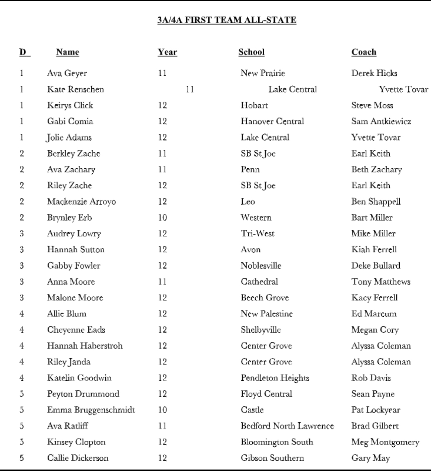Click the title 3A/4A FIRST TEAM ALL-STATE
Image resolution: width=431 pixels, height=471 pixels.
[x=227, y=20]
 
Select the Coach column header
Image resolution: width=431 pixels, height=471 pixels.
[x=364, y=52]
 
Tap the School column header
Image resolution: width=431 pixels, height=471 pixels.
[x=251, y=52]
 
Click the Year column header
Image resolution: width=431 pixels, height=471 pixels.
[x=167, y=52]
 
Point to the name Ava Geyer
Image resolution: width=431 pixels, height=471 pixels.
[x=67, y=73]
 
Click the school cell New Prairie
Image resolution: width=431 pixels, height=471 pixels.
[x=263, y=73]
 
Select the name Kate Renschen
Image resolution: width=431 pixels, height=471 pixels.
[x=76, y=89]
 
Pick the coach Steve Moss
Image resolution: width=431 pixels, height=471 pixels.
[x=372, y=105]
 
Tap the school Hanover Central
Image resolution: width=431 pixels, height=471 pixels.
[x=272, y=121]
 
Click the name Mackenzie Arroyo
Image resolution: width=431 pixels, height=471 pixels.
[x=81, y=201]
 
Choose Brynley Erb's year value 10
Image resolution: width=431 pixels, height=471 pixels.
[x=162, y=218]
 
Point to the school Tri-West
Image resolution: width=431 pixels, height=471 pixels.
[x=257, y=233]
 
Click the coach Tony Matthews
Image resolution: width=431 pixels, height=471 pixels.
[x=381, y=282]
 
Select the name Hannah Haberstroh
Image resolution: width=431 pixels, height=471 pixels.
[x=85, y=346]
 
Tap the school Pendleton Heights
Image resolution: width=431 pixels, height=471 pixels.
[x=275, y=378]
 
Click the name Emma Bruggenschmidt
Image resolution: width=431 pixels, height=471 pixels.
[x=91, y=410]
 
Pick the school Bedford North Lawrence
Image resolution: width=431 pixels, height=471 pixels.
[x=287, y=426]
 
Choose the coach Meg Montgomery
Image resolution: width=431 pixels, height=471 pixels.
[x=385, y=442]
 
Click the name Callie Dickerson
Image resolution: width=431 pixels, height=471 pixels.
[x=78, y=458]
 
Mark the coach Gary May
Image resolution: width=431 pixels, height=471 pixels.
[x=370, y=458]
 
